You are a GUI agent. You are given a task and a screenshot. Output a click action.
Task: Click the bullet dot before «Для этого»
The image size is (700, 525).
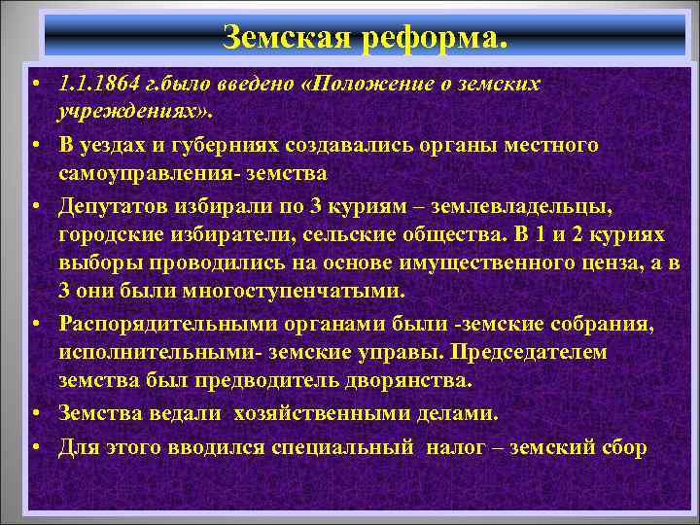35,446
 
